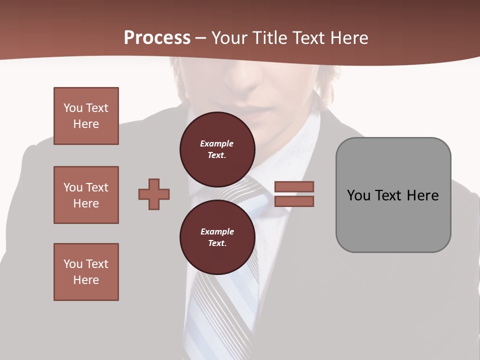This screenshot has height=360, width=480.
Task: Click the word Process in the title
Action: pos(157,38)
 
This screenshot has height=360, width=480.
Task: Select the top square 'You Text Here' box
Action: pos(86,116)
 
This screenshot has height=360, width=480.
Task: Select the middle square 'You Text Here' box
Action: pos(86,195)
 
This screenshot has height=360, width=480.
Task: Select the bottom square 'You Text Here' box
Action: pos(86,272)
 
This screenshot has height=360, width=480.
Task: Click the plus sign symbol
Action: pos(154,194)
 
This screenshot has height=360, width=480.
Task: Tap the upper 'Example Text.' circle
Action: pos(217,149)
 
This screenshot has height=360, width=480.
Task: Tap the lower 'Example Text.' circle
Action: pos(217,237)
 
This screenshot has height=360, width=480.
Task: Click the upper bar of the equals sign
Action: pos(294,186)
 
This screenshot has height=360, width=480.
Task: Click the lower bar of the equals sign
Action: pos(294,201)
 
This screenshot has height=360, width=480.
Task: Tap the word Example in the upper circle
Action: pos(217,143)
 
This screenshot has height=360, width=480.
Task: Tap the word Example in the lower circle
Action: pos(217,231)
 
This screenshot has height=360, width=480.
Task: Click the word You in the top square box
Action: pos(73,108)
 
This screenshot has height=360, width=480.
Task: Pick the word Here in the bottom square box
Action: pos(86,280)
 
